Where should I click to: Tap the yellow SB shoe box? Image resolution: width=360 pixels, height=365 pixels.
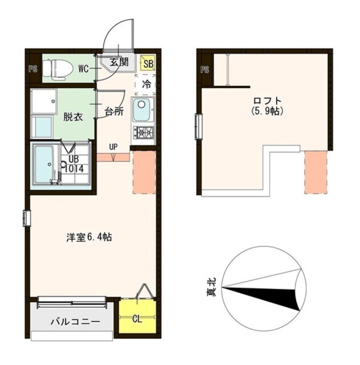pyautogui.click(x=148, y=64)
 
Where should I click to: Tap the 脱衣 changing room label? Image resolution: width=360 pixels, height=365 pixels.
pyautogui.click(x=73, y=117)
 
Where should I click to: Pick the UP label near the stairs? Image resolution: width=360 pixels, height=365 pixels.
pyautogui.click(x=114, y=147)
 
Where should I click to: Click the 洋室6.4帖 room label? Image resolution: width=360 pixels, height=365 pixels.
pyautogui.click(x=88, y=237)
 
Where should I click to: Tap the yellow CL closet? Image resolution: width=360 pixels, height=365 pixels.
pyautogui.click(x=137, y=318)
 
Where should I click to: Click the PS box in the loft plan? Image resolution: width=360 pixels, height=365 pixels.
pyautogui.click(x=205, y=70)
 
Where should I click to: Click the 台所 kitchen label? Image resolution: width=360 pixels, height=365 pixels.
pyautogui.click(x=114, y=111)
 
